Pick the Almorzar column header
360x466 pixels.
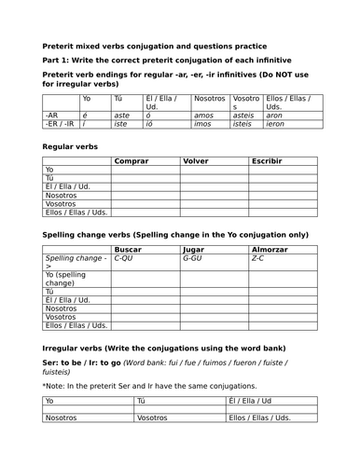(270, 250)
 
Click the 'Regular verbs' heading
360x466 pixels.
(74, 146)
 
